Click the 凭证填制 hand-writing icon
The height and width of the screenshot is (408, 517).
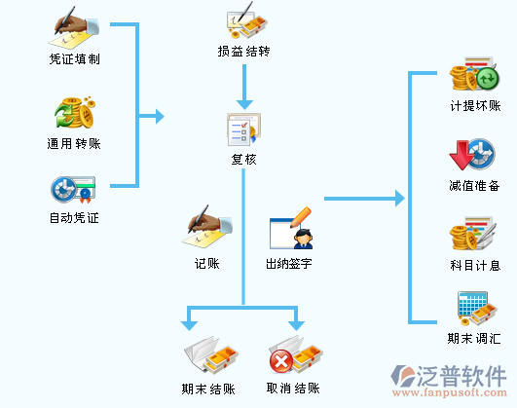click(x=75, y=27)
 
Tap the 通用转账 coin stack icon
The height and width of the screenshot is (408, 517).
click(x=75, y=113)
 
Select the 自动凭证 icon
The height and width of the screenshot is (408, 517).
click(x=73, y=189)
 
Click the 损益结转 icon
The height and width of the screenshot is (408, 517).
click(x=246, y=20)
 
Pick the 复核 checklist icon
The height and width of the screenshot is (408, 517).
click(x=243, y=130)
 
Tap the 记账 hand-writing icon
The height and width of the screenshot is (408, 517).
click(x=206, y=226)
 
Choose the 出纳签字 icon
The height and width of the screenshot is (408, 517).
click(x=291, y=229)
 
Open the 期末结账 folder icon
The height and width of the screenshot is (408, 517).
click(x=211, y=355)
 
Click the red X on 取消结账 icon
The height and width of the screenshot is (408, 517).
click(x=281, y=361)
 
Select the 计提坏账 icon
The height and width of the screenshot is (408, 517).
click(x=474, y=74)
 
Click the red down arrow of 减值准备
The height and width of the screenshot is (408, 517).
click(x=461, y=155)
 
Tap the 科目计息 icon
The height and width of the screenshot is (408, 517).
click(x=473, y=234)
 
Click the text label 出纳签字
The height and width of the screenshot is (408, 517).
click(x=289, y=264)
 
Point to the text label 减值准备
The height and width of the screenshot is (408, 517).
click(x=474, y=186)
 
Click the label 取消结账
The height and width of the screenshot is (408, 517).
click(x=293, y=389)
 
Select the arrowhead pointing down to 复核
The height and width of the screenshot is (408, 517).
click(x=244, y=104)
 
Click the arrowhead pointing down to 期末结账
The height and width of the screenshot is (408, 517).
click(x=189, y=325)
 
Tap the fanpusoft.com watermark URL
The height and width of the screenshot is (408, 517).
click(x=450, y=392)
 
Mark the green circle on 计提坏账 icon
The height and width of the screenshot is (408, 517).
click(x=488, y=79)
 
